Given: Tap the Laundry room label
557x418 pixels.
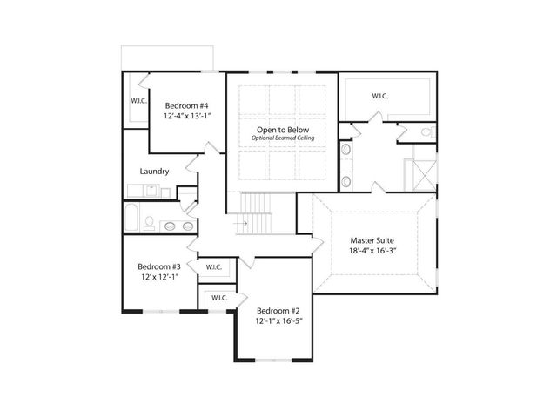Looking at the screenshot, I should point(154,172).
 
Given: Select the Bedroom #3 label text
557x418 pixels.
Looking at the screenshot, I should point(158,266).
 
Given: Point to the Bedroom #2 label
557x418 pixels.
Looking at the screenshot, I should point(278,310).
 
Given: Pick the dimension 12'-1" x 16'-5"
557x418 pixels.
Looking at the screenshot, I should point(278,322).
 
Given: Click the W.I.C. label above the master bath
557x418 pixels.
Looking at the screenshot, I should point(380,96).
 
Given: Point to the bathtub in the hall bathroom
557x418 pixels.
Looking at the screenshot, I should point(131,219).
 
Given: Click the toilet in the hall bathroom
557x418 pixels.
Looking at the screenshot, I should point(149,222).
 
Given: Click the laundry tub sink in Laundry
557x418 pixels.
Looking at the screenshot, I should point(151,190).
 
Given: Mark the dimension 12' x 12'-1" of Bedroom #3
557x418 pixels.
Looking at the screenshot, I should point(158,278).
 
